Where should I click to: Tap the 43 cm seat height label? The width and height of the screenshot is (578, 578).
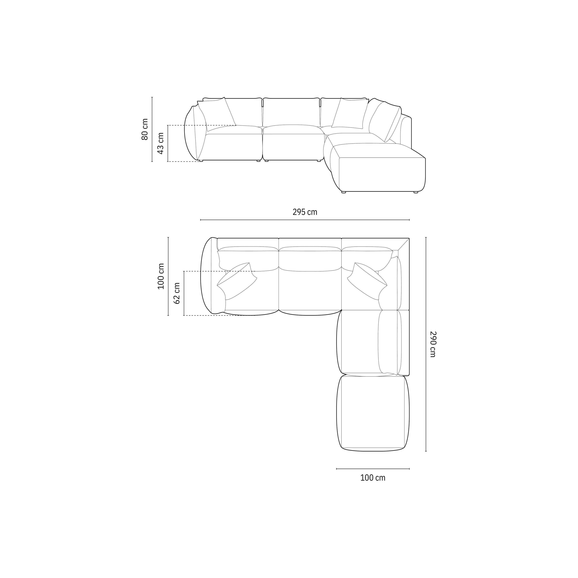161,143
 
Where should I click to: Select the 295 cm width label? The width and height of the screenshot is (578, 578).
305,212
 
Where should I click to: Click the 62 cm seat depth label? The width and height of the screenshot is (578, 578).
177,293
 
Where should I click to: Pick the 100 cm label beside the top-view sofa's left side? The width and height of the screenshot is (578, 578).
161,276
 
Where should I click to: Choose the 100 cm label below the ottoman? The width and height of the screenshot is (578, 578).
373,478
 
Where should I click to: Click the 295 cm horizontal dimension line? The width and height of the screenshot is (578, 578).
305,220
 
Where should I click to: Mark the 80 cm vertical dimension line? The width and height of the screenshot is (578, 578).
152,129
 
